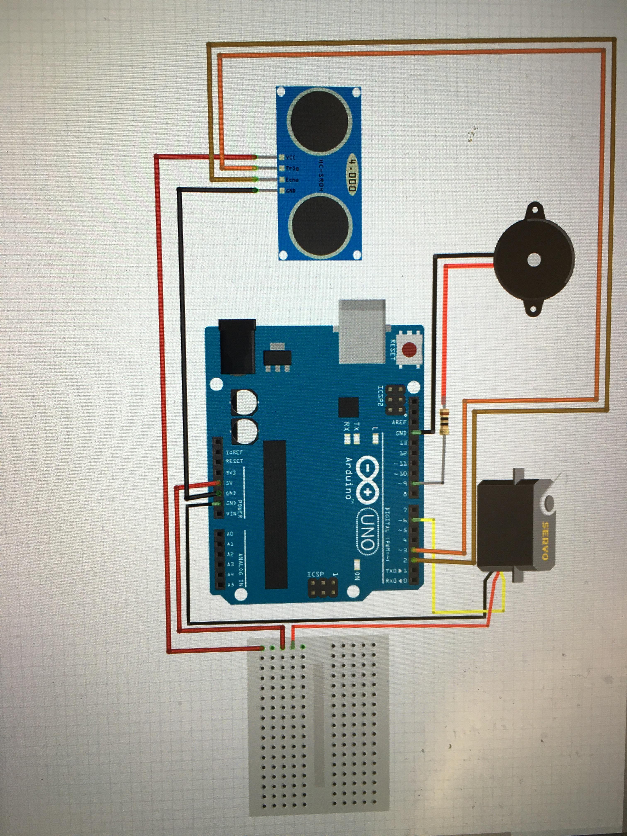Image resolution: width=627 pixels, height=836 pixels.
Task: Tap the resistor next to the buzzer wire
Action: point(445,419)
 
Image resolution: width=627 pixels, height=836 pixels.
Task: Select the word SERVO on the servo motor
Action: point(545,541)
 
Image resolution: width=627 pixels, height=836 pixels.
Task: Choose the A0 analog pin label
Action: point(230,534)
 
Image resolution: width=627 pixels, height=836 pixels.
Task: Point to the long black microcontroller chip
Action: point(275,514)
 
